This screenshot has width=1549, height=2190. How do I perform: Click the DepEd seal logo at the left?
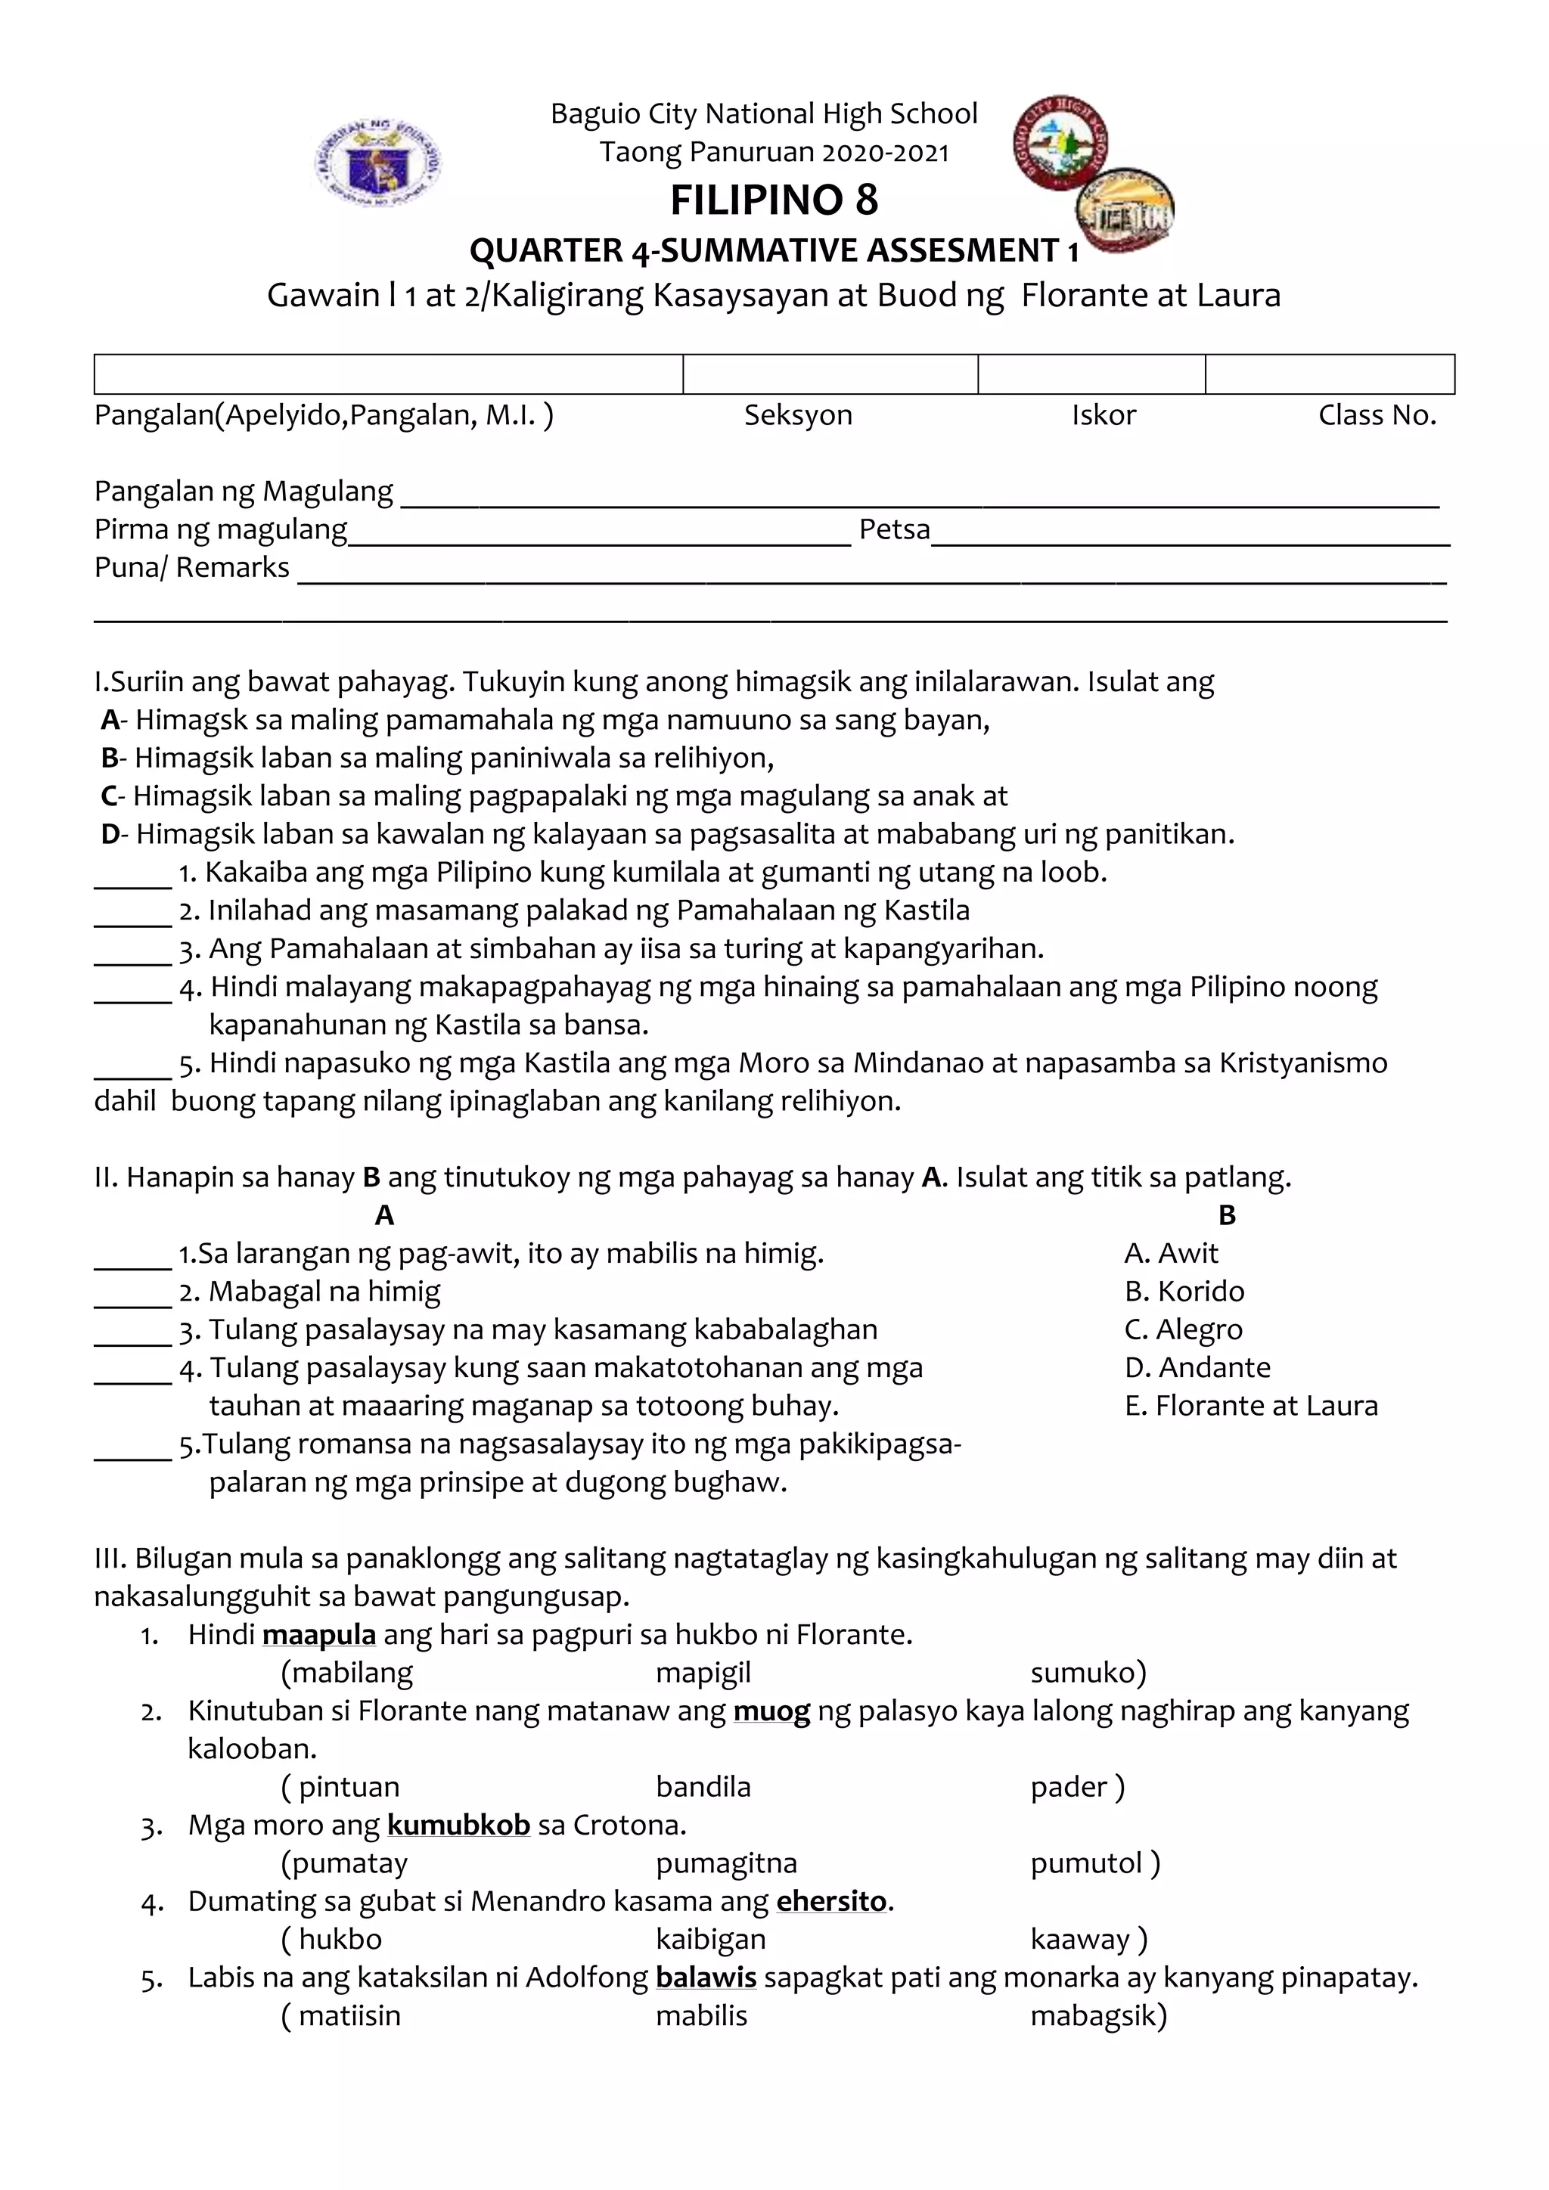pyautogui.click(x=377, y=161)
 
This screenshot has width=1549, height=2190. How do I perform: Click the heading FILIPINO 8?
pyautogui.click(x=774, y=200)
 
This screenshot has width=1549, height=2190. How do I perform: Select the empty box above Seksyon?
pyautogui.click(x=830, y=374)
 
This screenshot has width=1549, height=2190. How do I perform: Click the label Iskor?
pyautogui.click(x=1104, y=415)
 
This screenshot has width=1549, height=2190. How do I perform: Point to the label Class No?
pyautogui.click(x=1377, y=415)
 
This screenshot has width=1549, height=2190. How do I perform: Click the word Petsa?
pyautogui.click(x=894, y=529)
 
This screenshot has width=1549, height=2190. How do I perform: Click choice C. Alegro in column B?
pyautogui.click(x=1183, y=1329)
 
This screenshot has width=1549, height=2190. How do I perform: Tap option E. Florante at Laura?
pyautogui.click(x=1250, y=1405)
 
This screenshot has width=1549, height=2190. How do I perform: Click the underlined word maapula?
pyautogui.click(x=318, y=1635)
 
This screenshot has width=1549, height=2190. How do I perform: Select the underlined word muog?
pyautogui.click(x=771, y=1711)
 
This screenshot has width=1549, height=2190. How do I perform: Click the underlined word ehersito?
pyautogui.click(x=830, y=1901)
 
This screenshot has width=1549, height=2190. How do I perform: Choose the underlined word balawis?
pyautogui.click(x=706, y=1978)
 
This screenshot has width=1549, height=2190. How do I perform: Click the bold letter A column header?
pyautogui.click(x=384, y=1215)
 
